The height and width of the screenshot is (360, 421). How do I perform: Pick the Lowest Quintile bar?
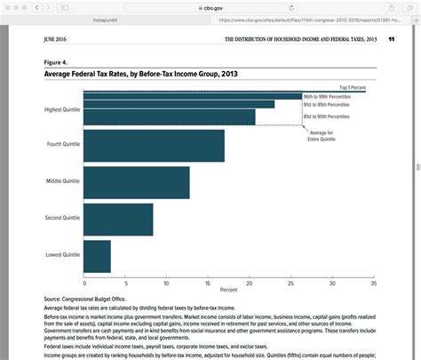[x=98, y=256]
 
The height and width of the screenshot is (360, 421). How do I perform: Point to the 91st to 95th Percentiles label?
[x=326, y=106]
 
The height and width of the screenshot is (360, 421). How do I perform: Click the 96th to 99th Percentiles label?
[x=326, y=96]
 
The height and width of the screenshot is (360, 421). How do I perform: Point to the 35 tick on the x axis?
[x=373, y=283]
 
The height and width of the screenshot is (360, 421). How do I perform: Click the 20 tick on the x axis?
[x=250, y=283]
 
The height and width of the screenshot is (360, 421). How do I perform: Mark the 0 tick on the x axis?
[x=84, y=283]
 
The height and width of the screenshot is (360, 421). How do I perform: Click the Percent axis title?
[x=228, y=290]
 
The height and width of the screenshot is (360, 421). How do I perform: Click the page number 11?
[x=391, y=40]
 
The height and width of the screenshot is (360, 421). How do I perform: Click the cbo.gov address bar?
[x=210, y=6]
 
